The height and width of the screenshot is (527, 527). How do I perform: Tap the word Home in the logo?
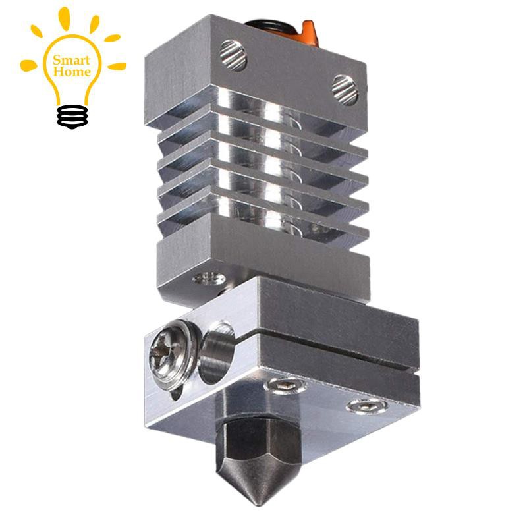72,72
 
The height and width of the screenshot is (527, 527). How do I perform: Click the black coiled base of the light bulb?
72,116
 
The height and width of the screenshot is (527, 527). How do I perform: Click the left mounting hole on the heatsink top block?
233,53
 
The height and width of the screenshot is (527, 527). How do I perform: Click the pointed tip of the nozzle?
263,502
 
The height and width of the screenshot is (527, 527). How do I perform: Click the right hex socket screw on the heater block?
361,406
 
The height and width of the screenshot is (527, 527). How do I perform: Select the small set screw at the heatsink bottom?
207,279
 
